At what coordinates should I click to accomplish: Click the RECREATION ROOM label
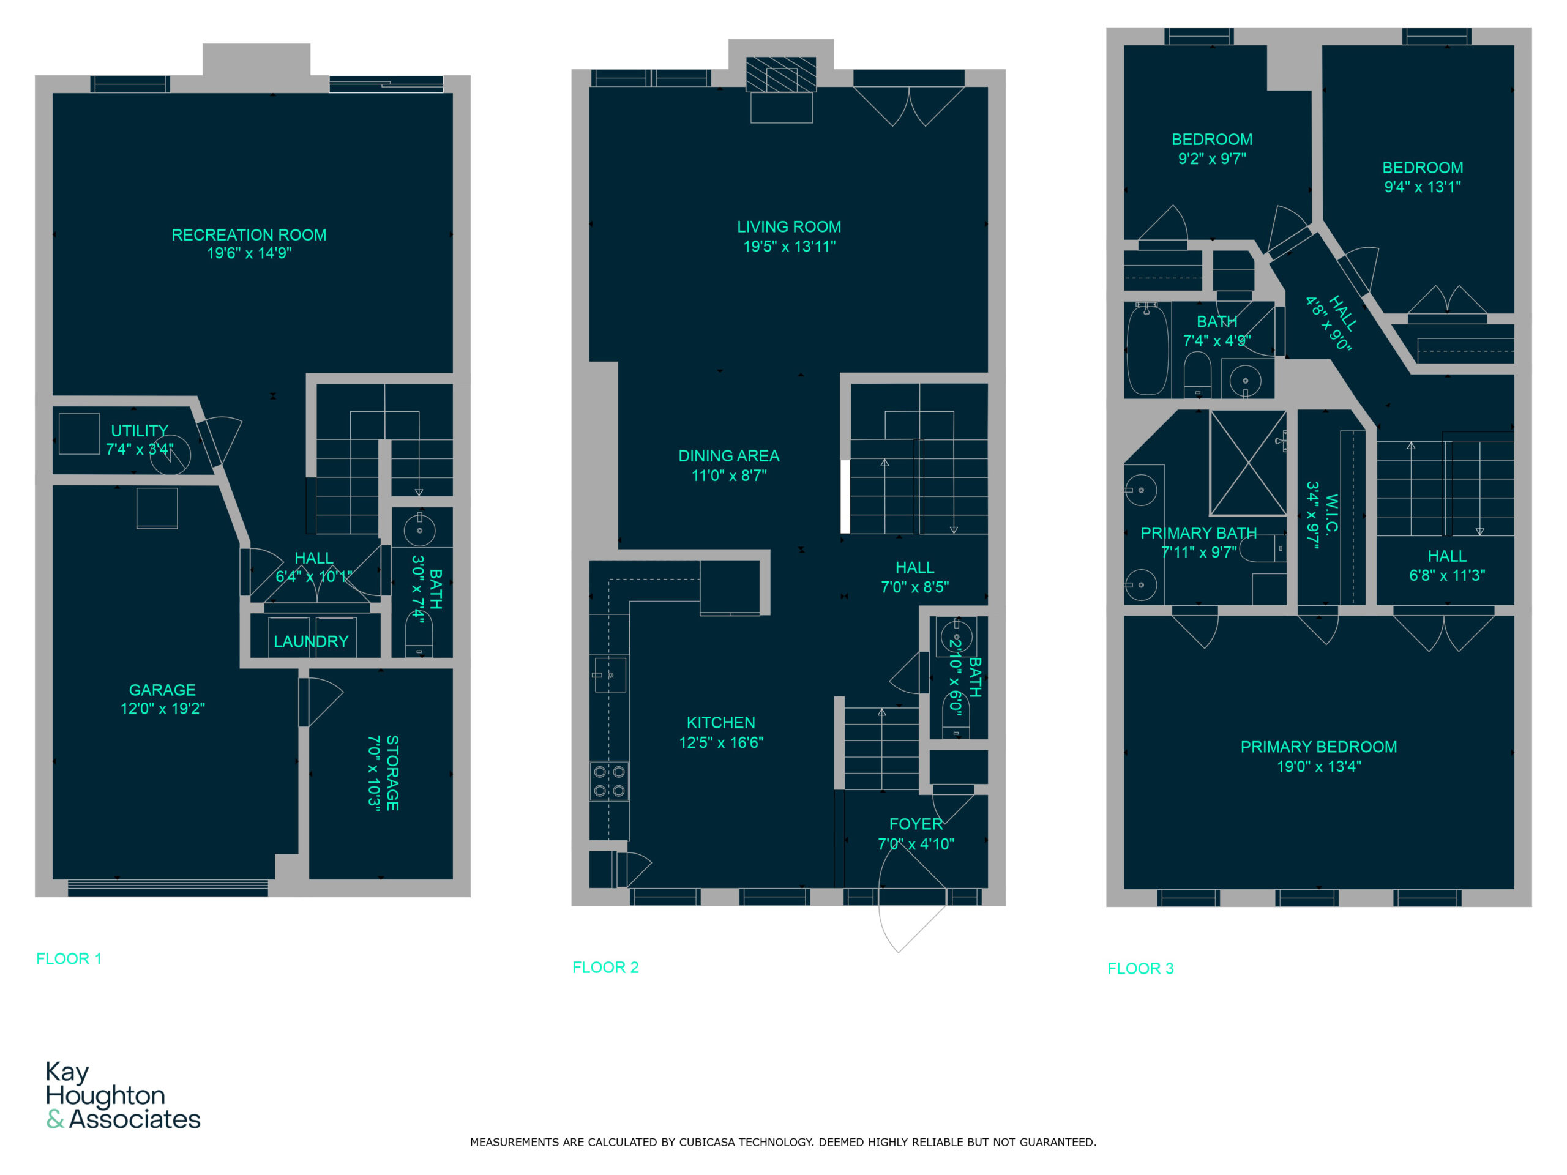coord(249,234)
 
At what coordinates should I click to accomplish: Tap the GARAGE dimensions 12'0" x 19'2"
coord(162,708)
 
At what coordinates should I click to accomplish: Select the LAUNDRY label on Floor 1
coord(311,641)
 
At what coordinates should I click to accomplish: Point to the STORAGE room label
coord(392,773)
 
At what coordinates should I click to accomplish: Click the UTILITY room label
coord(140,431)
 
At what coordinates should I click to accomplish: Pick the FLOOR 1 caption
coord(69,959)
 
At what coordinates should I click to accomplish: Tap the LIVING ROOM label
coord(789,226)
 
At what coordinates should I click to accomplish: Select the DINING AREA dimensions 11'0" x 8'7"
coord(729,476)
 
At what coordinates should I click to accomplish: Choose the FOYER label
coord(916,824)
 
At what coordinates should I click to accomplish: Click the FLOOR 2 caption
coord(606,968)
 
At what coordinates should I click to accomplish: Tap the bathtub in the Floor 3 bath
coord(1148,349)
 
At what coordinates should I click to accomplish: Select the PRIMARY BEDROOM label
coord(1319,747)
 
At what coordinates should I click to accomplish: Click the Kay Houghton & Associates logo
coord(123,1095)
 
